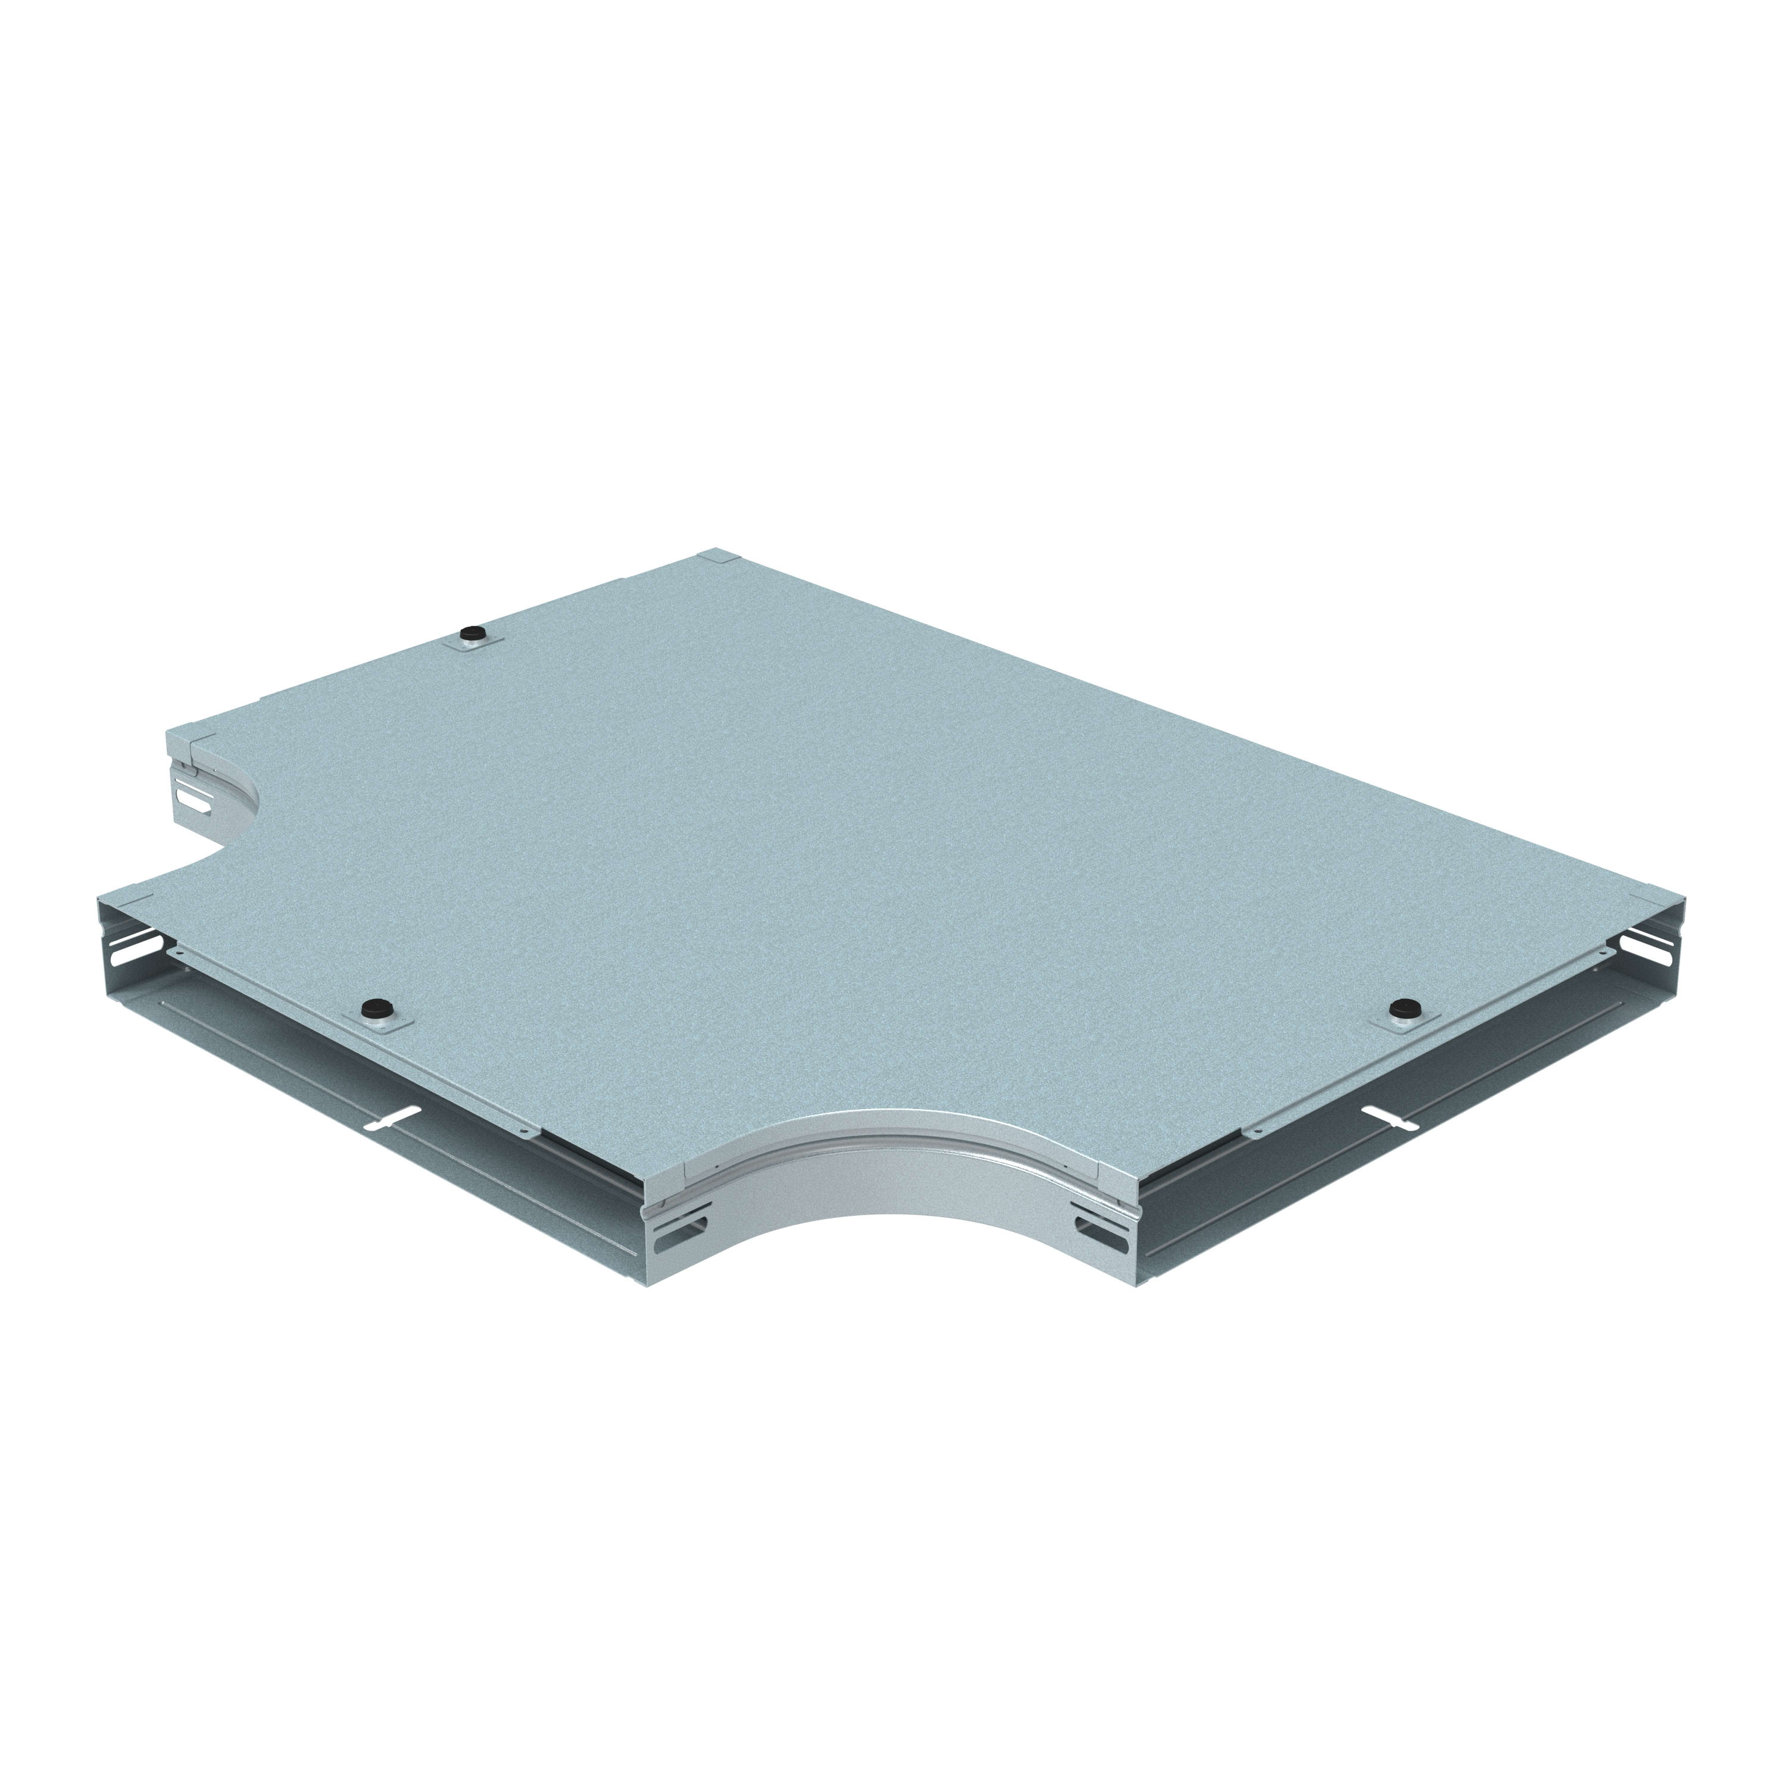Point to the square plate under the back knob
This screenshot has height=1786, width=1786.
(472, 644)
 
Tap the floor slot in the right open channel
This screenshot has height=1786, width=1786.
(1390, 1116)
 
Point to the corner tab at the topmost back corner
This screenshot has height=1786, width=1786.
(716, 557)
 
